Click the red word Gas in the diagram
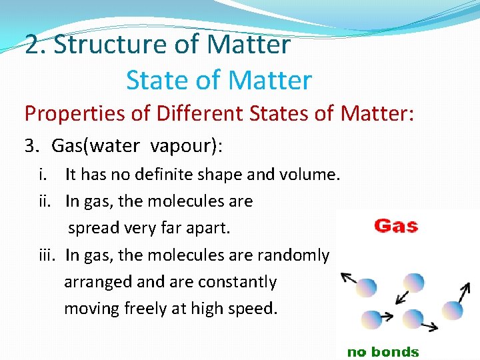tap(396, 225)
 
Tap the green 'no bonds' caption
tap(383, 351)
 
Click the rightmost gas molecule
tap(453, 310)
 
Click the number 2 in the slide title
tap(32, 45)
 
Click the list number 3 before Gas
tap(30, 145)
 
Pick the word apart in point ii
tap(209, 228)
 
